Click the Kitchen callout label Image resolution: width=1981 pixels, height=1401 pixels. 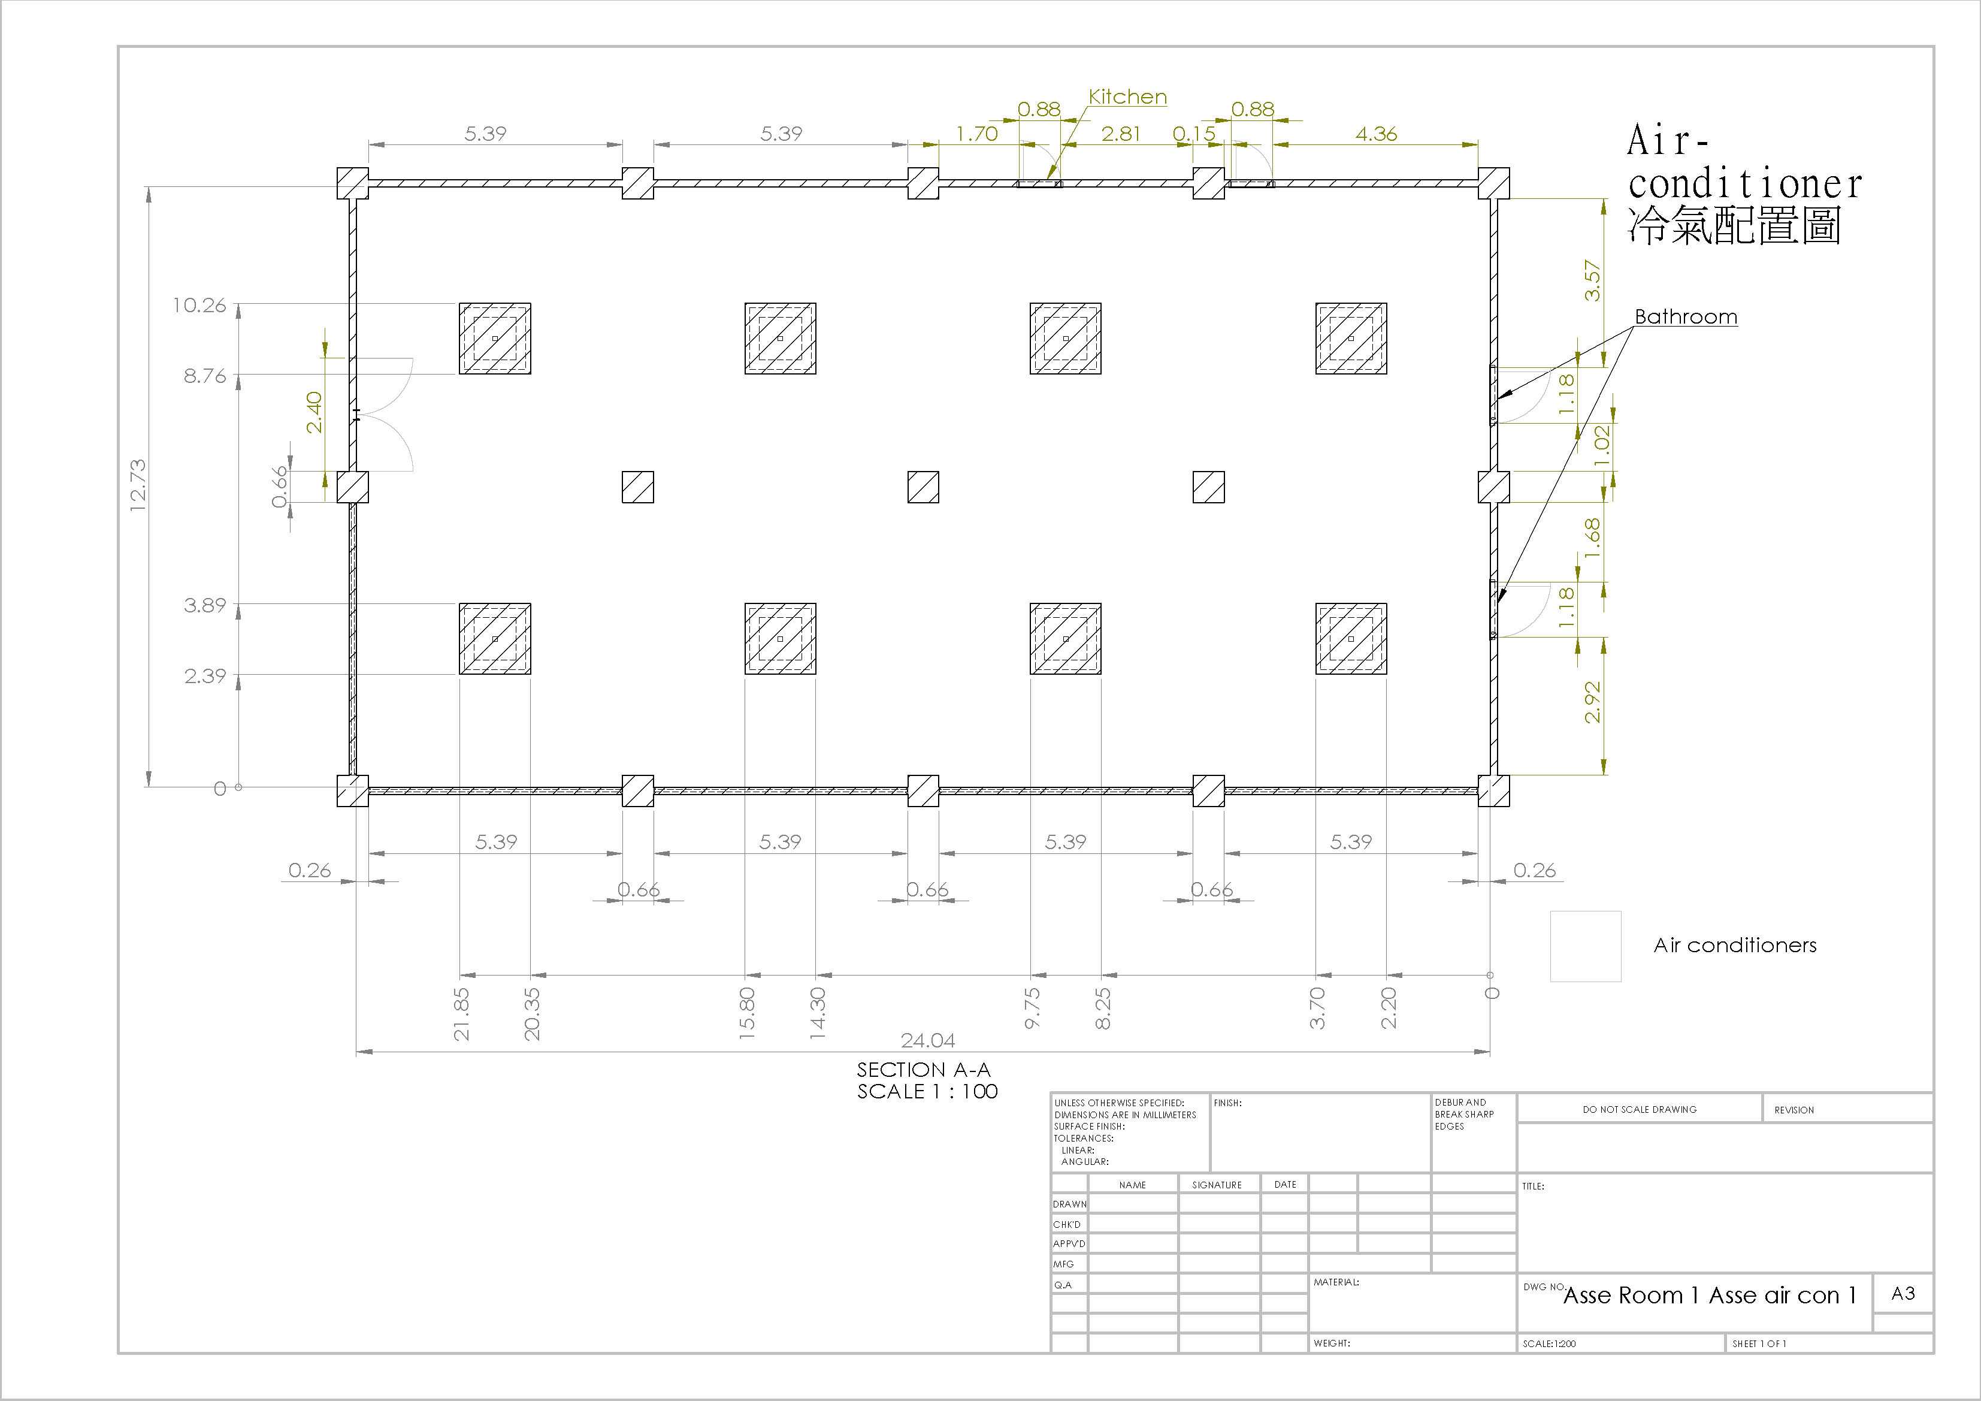pyautogui.click(x=1128, y=96)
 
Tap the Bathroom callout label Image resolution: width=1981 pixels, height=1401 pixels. pyautogui.click(x=1686, y=317)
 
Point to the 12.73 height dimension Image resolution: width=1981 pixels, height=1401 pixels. pyautogui.click(x=138, y=485)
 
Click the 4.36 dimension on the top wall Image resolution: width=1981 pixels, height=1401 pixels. pyautogui.click(x=1376, y=134)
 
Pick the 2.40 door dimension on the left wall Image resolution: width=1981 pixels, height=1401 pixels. pyautogui.click(x=314, y=412)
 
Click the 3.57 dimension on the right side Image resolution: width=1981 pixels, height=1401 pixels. pyautogui.click(x=1593, y=280)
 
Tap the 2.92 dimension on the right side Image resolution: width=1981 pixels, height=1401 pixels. pyautogui.click(x=1593, y=702)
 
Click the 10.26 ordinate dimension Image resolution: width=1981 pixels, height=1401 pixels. pyautogui.click(x=199, y=305)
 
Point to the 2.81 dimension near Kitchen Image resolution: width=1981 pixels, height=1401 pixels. pyautogui.click(x=1121, y=134)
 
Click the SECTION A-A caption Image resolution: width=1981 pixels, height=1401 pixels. pyautogui.click(x=924, y=1070)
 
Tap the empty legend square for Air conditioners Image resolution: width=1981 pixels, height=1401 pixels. pyautogui.click(x=1586, y=946)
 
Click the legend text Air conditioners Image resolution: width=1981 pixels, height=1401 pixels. pyautogui.click(x=1735, y=945)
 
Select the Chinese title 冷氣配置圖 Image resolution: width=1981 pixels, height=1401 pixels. pyautogui.click(x=1734, y=226)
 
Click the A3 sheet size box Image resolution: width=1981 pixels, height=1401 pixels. pyautogui.click(x=1903, y=1293)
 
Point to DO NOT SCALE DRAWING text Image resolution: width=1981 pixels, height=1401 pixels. pyautogui.click(x=1640, y=1109)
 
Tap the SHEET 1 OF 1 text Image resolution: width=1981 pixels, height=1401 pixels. pyautogui.click(x=1759, y=1344)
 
